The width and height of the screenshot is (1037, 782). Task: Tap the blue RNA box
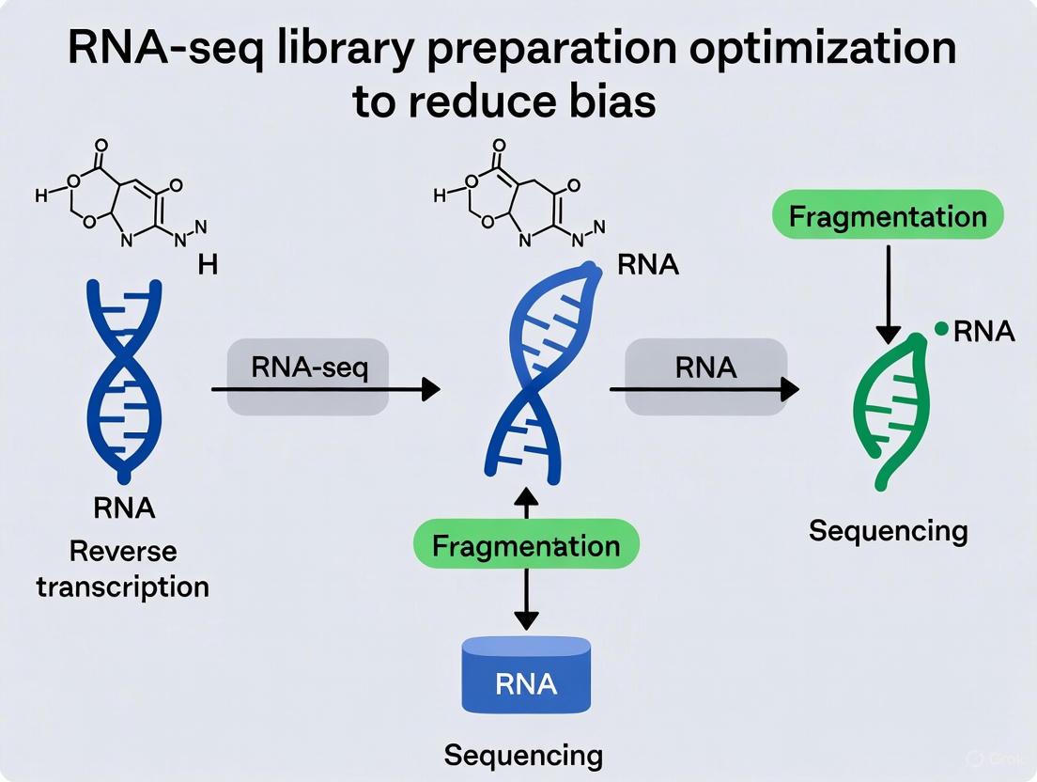pos(526,678)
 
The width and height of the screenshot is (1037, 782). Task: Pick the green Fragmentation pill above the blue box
pos(526,545)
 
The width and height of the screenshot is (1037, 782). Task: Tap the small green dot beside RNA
pos(940,329)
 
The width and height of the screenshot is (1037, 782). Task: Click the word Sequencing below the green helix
pos(888,531)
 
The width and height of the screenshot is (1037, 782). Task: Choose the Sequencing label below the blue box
pos(523,756)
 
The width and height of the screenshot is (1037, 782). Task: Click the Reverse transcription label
pos(122,569)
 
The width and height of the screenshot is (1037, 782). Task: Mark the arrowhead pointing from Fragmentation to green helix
pos(887,333)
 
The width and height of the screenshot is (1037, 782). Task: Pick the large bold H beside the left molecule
pos(208,265)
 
